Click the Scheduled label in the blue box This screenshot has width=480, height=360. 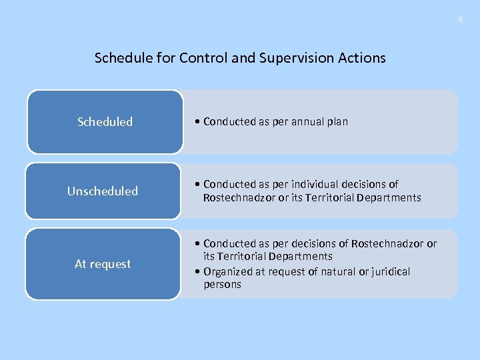click(x=105, y=122)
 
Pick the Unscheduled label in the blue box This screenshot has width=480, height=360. click(x=102, y=191)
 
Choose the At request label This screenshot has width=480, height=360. click(x=103, y=264)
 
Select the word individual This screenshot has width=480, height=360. click(x=311, y=184)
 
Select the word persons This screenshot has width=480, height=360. click(x=222, y=285)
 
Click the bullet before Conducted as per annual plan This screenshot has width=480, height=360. click(x=198, y=122)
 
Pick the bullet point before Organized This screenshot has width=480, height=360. click(x=198, y=271)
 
